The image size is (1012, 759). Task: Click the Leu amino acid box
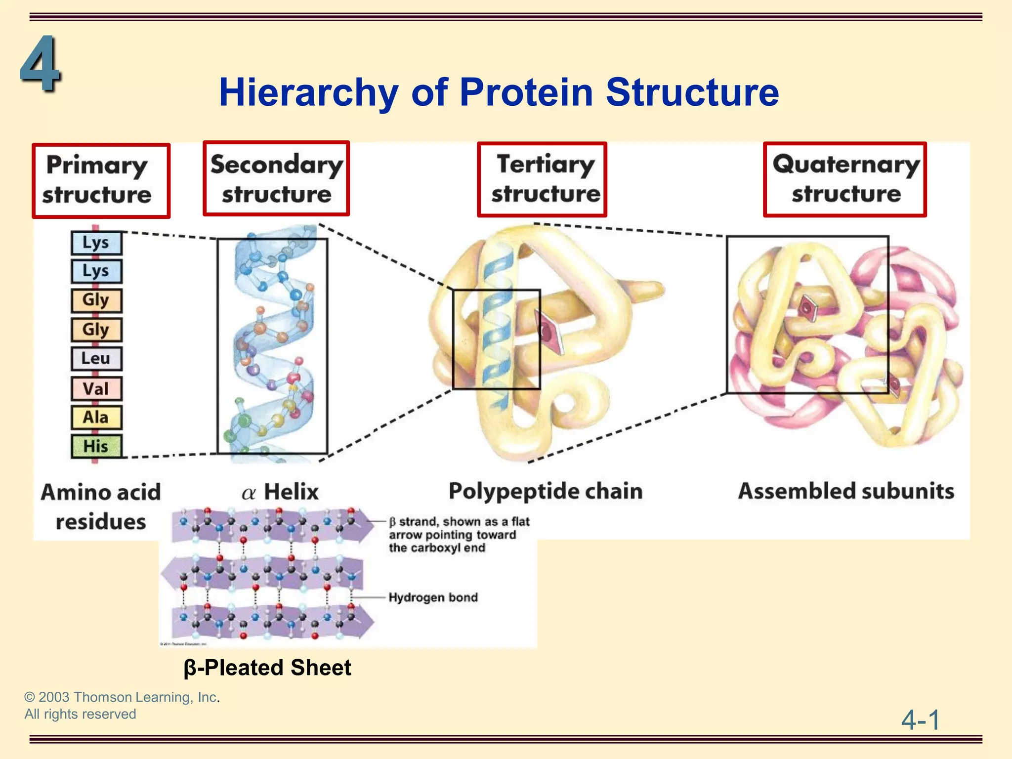point(96,359)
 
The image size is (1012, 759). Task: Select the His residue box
point(96,446)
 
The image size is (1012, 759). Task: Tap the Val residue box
point(96,388)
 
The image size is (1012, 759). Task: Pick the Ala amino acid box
point(96,418)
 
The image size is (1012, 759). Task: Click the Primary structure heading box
point(101,180)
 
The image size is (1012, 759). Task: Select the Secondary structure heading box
point(276,179)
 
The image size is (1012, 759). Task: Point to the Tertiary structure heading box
point(542,179)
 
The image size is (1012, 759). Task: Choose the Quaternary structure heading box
point(844,179)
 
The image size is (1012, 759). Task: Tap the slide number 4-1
point(920,719)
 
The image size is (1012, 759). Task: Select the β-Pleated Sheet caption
point(267,668)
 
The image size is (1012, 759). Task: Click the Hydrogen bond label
point(433,597)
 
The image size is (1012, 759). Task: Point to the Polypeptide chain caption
point(546,491)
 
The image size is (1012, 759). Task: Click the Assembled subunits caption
point(846,491)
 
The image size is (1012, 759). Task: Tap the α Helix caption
point(280,492)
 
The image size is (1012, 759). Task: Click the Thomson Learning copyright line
point(122,697)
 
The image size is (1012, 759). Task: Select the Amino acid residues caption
point(101,506)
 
